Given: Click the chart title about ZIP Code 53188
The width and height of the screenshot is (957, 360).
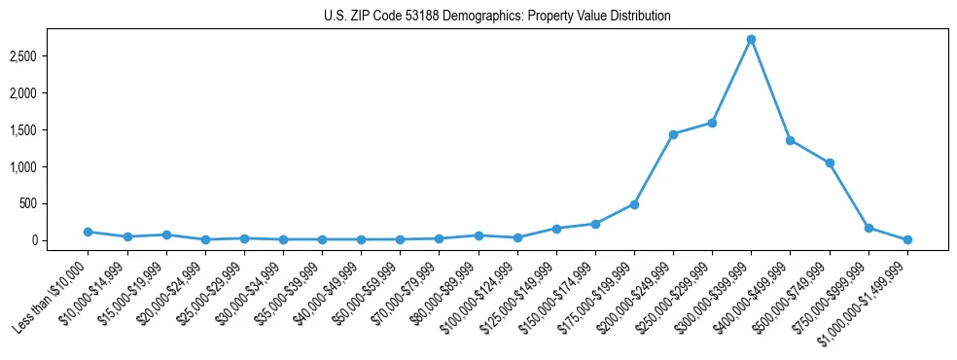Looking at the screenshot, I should [497, 17].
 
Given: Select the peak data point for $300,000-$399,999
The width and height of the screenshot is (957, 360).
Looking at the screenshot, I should [751, 39].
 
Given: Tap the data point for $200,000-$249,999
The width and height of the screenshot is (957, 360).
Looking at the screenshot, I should [673, 134].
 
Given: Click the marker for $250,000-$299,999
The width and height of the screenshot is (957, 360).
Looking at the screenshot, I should [712, 123].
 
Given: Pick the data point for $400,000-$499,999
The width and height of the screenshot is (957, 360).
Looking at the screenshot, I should [790, 140].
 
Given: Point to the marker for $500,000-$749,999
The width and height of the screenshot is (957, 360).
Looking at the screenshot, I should [830, 162].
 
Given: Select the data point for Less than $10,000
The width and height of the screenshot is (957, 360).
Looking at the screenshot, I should [88, 232].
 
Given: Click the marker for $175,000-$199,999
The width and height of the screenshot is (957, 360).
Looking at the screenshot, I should [634, 204].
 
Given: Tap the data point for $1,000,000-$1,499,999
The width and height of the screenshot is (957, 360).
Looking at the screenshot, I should [907, 239].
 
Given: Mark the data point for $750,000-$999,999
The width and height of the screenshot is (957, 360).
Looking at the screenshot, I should [868, 228].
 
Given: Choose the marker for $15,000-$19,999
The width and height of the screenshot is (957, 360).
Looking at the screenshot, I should [166, 234].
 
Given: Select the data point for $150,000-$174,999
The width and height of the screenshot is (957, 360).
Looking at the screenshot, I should [595, 224].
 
